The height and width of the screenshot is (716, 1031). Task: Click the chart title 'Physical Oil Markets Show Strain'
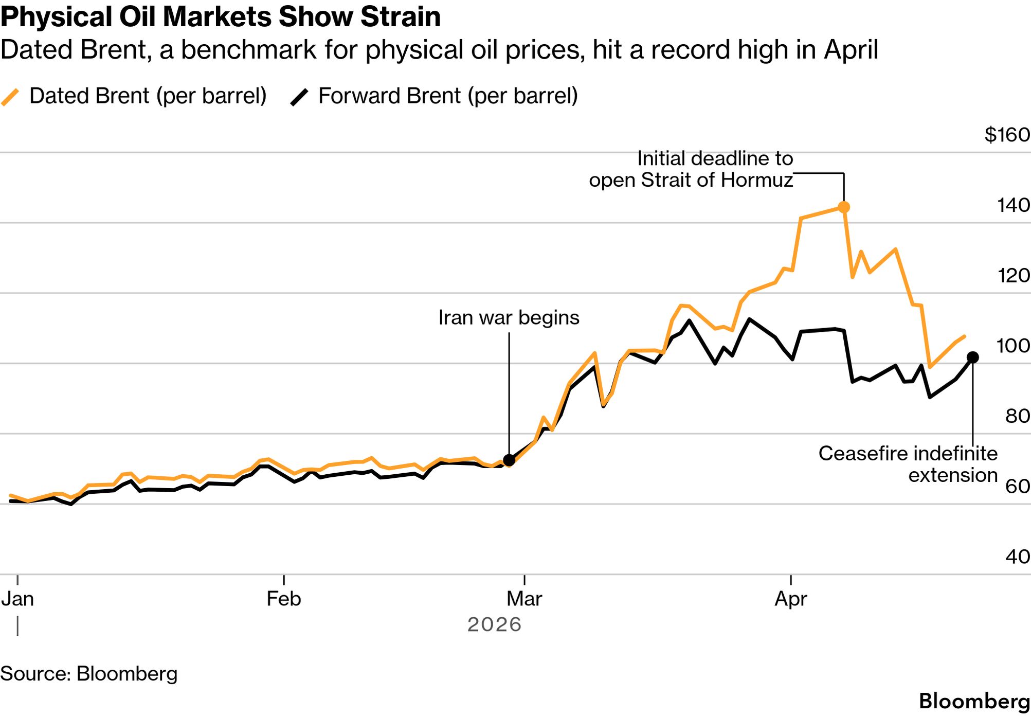click(221, 17)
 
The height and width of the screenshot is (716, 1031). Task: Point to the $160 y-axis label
click(1007, 135)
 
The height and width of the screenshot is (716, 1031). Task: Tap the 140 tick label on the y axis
click(1014, 205)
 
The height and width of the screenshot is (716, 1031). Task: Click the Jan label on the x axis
click(17, 599)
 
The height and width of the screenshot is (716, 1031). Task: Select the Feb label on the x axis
click(283, 599)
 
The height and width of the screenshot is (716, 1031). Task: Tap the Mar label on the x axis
click(524, 599)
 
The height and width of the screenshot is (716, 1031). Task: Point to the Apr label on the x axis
click(790, 599)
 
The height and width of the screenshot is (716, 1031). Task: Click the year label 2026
click(494, 624)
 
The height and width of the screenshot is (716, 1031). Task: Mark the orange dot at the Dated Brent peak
click(844, 207)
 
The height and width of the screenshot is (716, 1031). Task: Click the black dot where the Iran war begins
click(509, 460)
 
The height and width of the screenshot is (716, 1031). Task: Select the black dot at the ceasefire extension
click(972, 357)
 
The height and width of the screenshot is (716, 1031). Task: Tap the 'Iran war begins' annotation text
click(509, 318)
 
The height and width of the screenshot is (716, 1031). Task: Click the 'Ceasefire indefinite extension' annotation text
click(908, 464)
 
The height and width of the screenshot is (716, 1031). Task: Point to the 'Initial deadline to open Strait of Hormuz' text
click(691, 169)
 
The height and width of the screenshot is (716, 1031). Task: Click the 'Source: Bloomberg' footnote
click(89, 674)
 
